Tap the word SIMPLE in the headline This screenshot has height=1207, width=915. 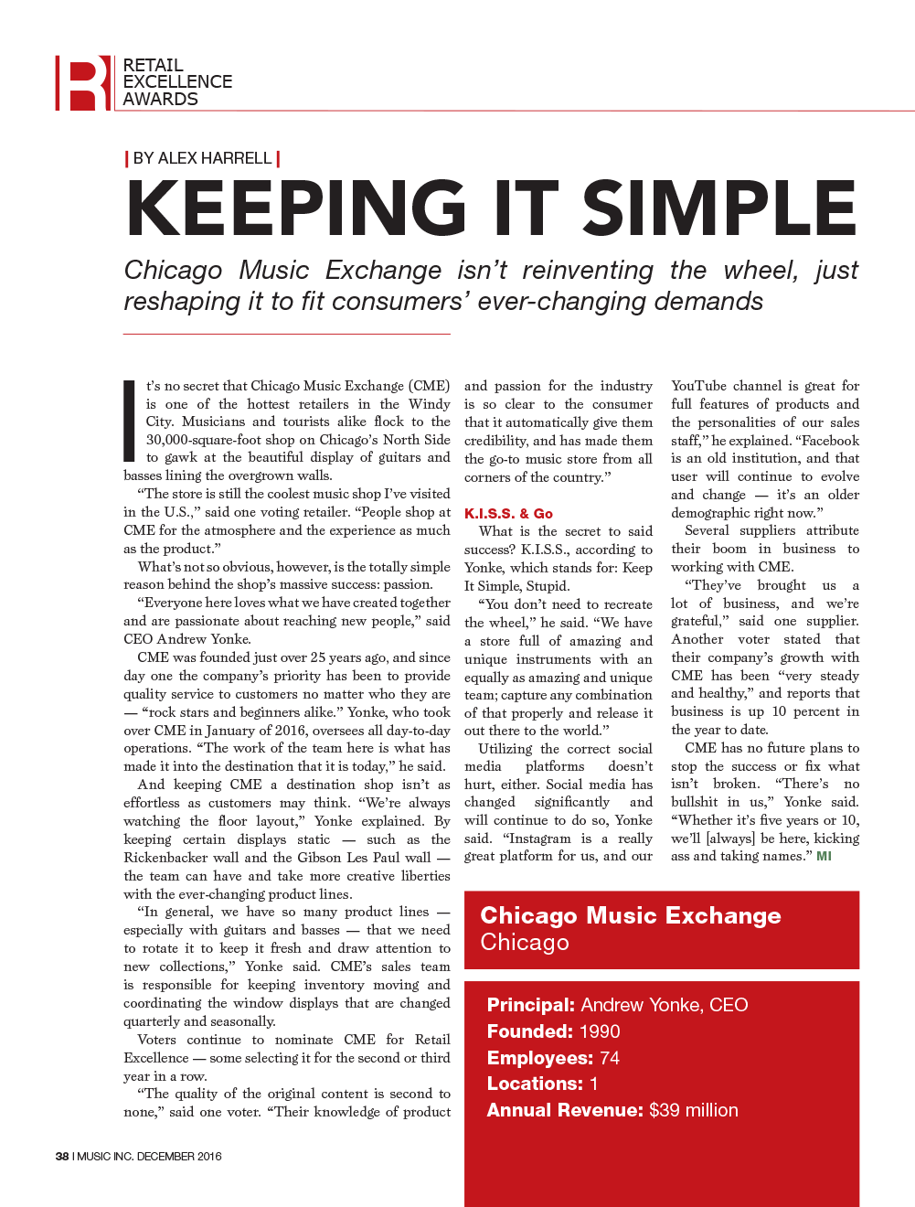pyautogui.click(x=719, y=208)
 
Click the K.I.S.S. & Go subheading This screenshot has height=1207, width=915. pyautogui.click(x=508, y=514)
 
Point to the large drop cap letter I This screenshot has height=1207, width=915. pyautogui.click(x=130, y=422)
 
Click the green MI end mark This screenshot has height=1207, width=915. pyautogui.click(x=824, y=856)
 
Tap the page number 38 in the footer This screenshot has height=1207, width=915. pyautogui.click(x=62, y=1156)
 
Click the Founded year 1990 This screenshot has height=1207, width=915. pyautogui.click(x=599, y=1031)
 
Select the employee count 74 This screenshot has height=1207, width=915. pyautogui.click(x=609, y=1058)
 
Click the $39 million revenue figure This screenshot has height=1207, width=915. pyautogui.click(x=693, y=1110)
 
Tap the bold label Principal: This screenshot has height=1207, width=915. pyautogui.click(x=530, y=1005)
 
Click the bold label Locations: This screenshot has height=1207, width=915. pyautogui.click(x=535, y=1084)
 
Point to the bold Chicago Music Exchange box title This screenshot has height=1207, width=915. pyautogui.click(x=630, y=915)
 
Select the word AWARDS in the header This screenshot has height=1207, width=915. pyautogui.click(x=160, y=99)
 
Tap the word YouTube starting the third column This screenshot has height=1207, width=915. pyautogui.click(x=698, y=386)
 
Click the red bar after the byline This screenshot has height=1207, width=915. pyautogui.click(x=278, y=158)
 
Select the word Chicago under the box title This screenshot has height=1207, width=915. pyautogui.click(x=524, y=943)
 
